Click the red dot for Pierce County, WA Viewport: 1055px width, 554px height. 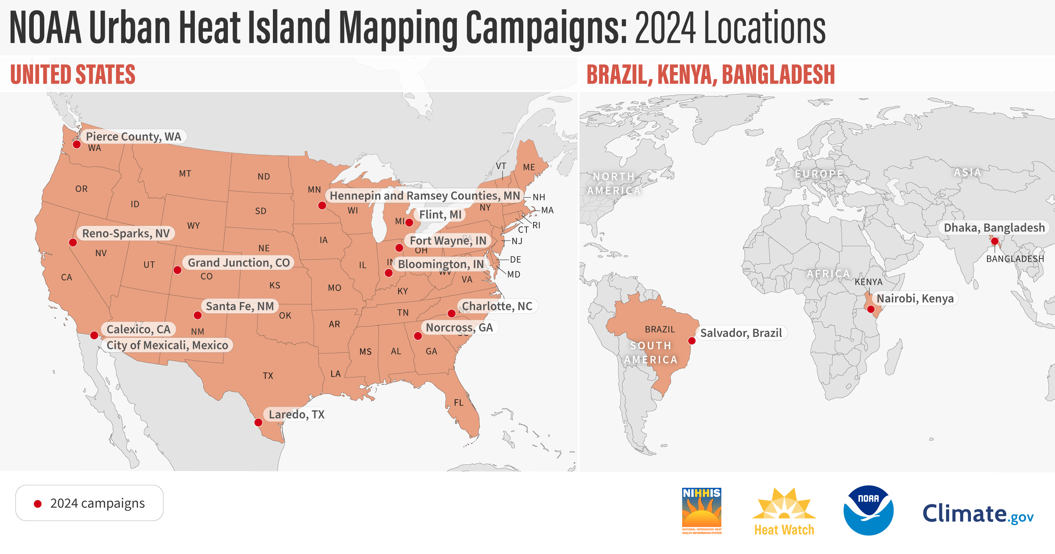[x=77, y=144]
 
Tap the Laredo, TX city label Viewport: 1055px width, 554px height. [x=296, y=414]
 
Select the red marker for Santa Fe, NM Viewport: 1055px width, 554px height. [x=197, y=315]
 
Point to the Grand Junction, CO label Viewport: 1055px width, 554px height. [x=238, y=263]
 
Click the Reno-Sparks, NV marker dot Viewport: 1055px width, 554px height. [x=73, y=243]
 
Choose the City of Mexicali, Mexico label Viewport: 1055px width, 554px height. [x=167, y=345]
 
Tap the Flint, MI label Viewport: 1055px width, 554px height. [x=440, y=214]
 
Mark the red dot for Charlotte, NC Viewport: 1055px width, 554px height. [x=451, y=313]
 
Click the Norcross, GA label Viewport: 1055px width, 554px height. [x=459, y=327]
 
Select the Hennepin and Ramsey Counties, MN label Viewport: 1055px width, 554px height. [x=425, y=196]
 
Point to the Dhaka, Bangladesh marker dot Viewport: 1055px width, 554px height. [x=995, y=241]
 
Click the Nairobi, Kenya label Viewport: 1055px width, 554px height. [x=915, y=298]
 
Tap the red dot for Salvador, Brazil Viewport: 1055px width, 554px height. [x=692, y=340]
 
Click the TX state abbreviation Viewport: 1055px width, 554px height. [x=268, y=376]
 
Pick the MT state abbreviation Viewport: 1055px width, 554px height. [x=185, y=173]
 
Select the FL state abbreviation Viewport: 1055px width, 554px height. [x=459, y=402]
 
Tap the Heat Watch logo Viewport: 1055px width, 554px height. [x=784, y=511]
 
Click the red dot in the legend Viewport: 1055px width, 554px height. [x=38, y=504]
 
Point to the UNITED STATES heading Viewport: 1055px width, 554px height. [x=73, y=74]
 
